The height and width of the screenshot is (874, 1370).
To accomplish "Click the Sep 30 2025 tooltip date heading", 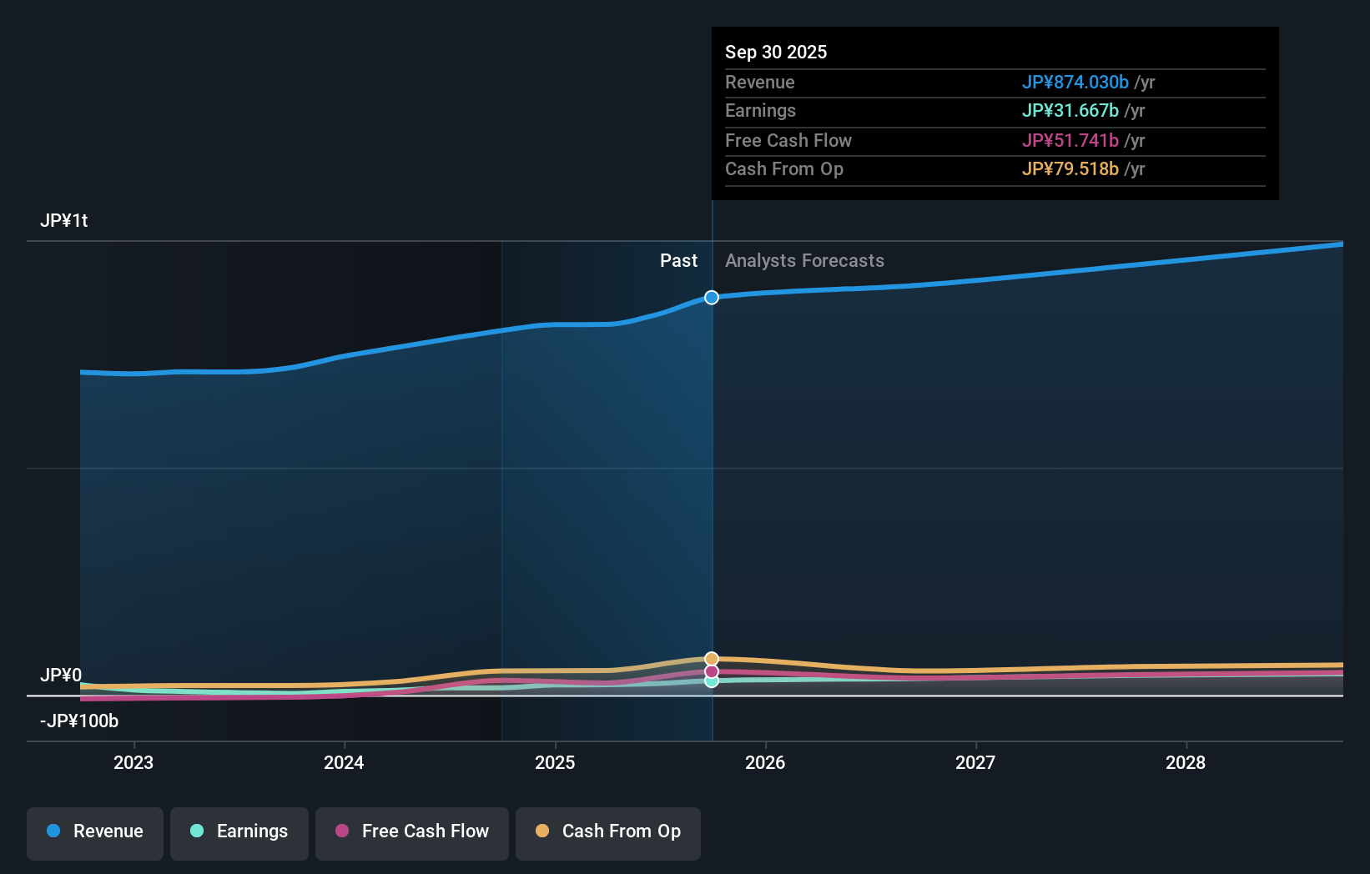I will pos(775,52).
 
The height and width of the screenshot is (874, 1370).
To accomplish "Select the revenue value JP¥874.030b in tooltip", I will pos(1075,82).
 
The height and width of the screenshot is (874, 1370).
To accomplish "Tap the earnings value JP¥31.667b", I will pos(1070,110).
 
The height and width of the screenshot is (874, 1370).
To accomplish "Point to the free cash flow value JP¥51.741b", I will pos(1070,140).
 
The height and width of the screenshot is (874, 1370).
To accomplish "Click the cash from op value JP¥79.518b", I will pos(1070,168).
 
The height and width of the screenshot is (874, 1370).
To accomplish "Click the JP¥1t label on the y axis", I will pos(63,220).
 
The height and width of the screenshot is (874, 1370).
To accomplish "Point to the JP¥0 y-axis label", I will pos(61,675).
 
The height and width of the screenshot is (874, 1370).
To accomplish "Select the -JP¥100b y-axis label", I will pos(79,721).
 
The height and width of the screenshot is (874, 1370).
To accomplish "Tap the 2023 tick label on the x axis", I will pos(133,762).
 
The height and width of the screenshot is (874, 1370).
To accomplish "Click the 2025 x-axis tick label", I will pos(555,762).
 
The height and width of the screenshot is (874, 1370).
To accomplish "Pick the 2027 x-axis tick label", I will pos(975,762).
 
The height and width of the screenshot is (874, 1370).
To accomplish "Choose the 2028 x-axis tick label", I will pos(1186,762).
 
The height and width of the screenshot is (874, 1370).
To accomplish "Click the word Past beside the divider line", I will pos(678,260).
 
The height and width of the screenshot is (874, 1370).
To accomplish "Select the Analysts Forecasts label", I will pos(804,260).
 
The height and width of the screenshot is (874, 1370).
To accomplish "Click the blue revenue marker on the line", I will pos(712,298).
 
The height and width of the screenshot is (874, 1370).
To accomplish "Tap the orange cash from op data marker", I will pos(712,659).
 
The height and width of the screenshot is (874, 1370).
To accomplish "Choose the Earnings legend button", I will pos(239,831).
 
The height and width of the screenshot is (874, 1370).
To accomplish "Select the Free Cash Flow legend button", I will pos(412,831).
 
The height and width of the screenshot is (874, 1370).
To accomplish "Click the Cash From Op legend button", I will pos(608,831).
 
